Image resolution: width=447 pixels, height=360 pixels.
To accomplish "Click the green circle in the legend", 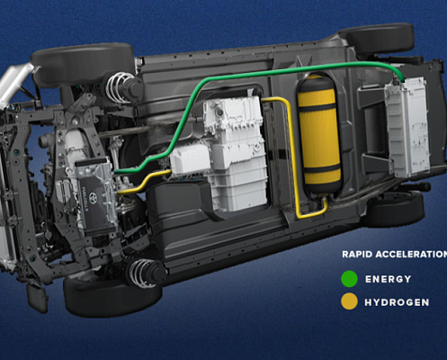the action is tap(349, 279).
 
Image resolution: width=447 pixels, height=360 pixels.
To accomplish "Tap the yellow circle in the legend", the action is tap(349, 301).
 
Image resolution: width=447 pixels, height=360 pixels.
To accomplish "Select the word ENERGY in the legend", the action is tap(388, 279).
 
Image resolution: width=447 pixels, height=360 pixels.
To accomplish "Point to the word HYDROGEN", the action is tap(397, 302).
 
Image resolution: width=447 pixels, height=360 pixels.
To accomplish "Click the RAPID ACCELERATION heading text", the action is tap(395, 255).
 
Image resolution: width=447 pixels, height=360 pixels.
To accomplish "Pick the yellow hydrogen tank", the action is tap(319, 134).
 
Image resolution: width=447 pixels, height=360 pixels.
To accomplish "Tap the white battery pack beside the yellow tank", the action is tap(407, 127).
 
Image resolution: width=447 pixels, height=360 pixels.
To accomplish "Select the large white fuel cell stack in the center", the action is tap(237, 153).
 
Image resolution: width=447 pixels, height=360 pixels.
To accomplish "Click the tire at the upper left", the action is tap(83, 64).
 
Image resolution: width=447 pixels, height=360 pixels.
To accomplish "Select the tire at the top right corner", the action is tap(380, 38).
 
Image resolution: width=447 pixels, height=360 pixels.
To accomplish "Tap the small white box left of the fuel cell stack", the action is tap(190, 159).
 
